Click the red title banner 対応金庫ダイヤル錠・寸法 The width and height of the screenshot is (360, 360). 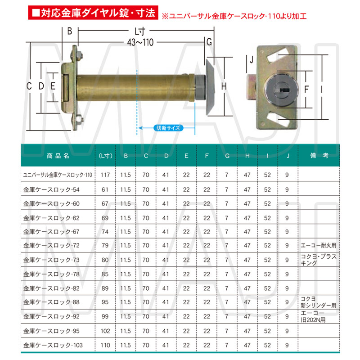coord(93,13)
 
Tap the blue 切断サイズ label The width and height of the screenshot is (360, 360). coord(168,128)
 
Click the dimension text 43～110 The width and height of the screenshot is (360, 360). coord(140,42)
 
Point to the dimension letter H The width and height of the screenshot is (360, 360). coord(224,86)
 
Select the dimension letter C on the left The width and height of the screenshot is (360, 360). coord(29,86)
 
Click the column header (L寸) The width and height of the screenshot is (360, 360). coord(105,156)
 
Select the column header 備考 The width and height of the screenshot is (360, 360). coord(319,155)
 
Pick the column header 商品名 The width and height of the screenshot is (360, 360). coord(58,156)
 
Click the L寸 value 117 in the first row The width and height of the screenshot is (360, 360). coord(105,175)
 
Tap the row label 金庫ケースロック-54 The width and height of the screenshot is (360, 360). coord(51,189)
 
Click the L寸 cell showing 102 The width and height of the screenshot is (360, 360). coord(105,331)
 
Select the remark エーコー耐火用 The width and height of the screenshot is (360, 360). coord(319,245)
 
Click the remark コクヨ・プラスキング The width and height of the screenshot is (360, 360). coord(319,260)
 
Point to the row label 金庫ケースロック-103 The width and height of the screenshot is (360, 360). coord(53,345)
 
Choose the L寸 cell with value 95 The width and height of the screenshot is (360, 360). coord(105,302)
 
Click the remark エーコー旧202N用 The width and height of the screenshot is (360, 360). coord(313,316)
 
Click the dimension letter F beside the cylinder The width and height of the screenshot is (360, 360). coord(306,89)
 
